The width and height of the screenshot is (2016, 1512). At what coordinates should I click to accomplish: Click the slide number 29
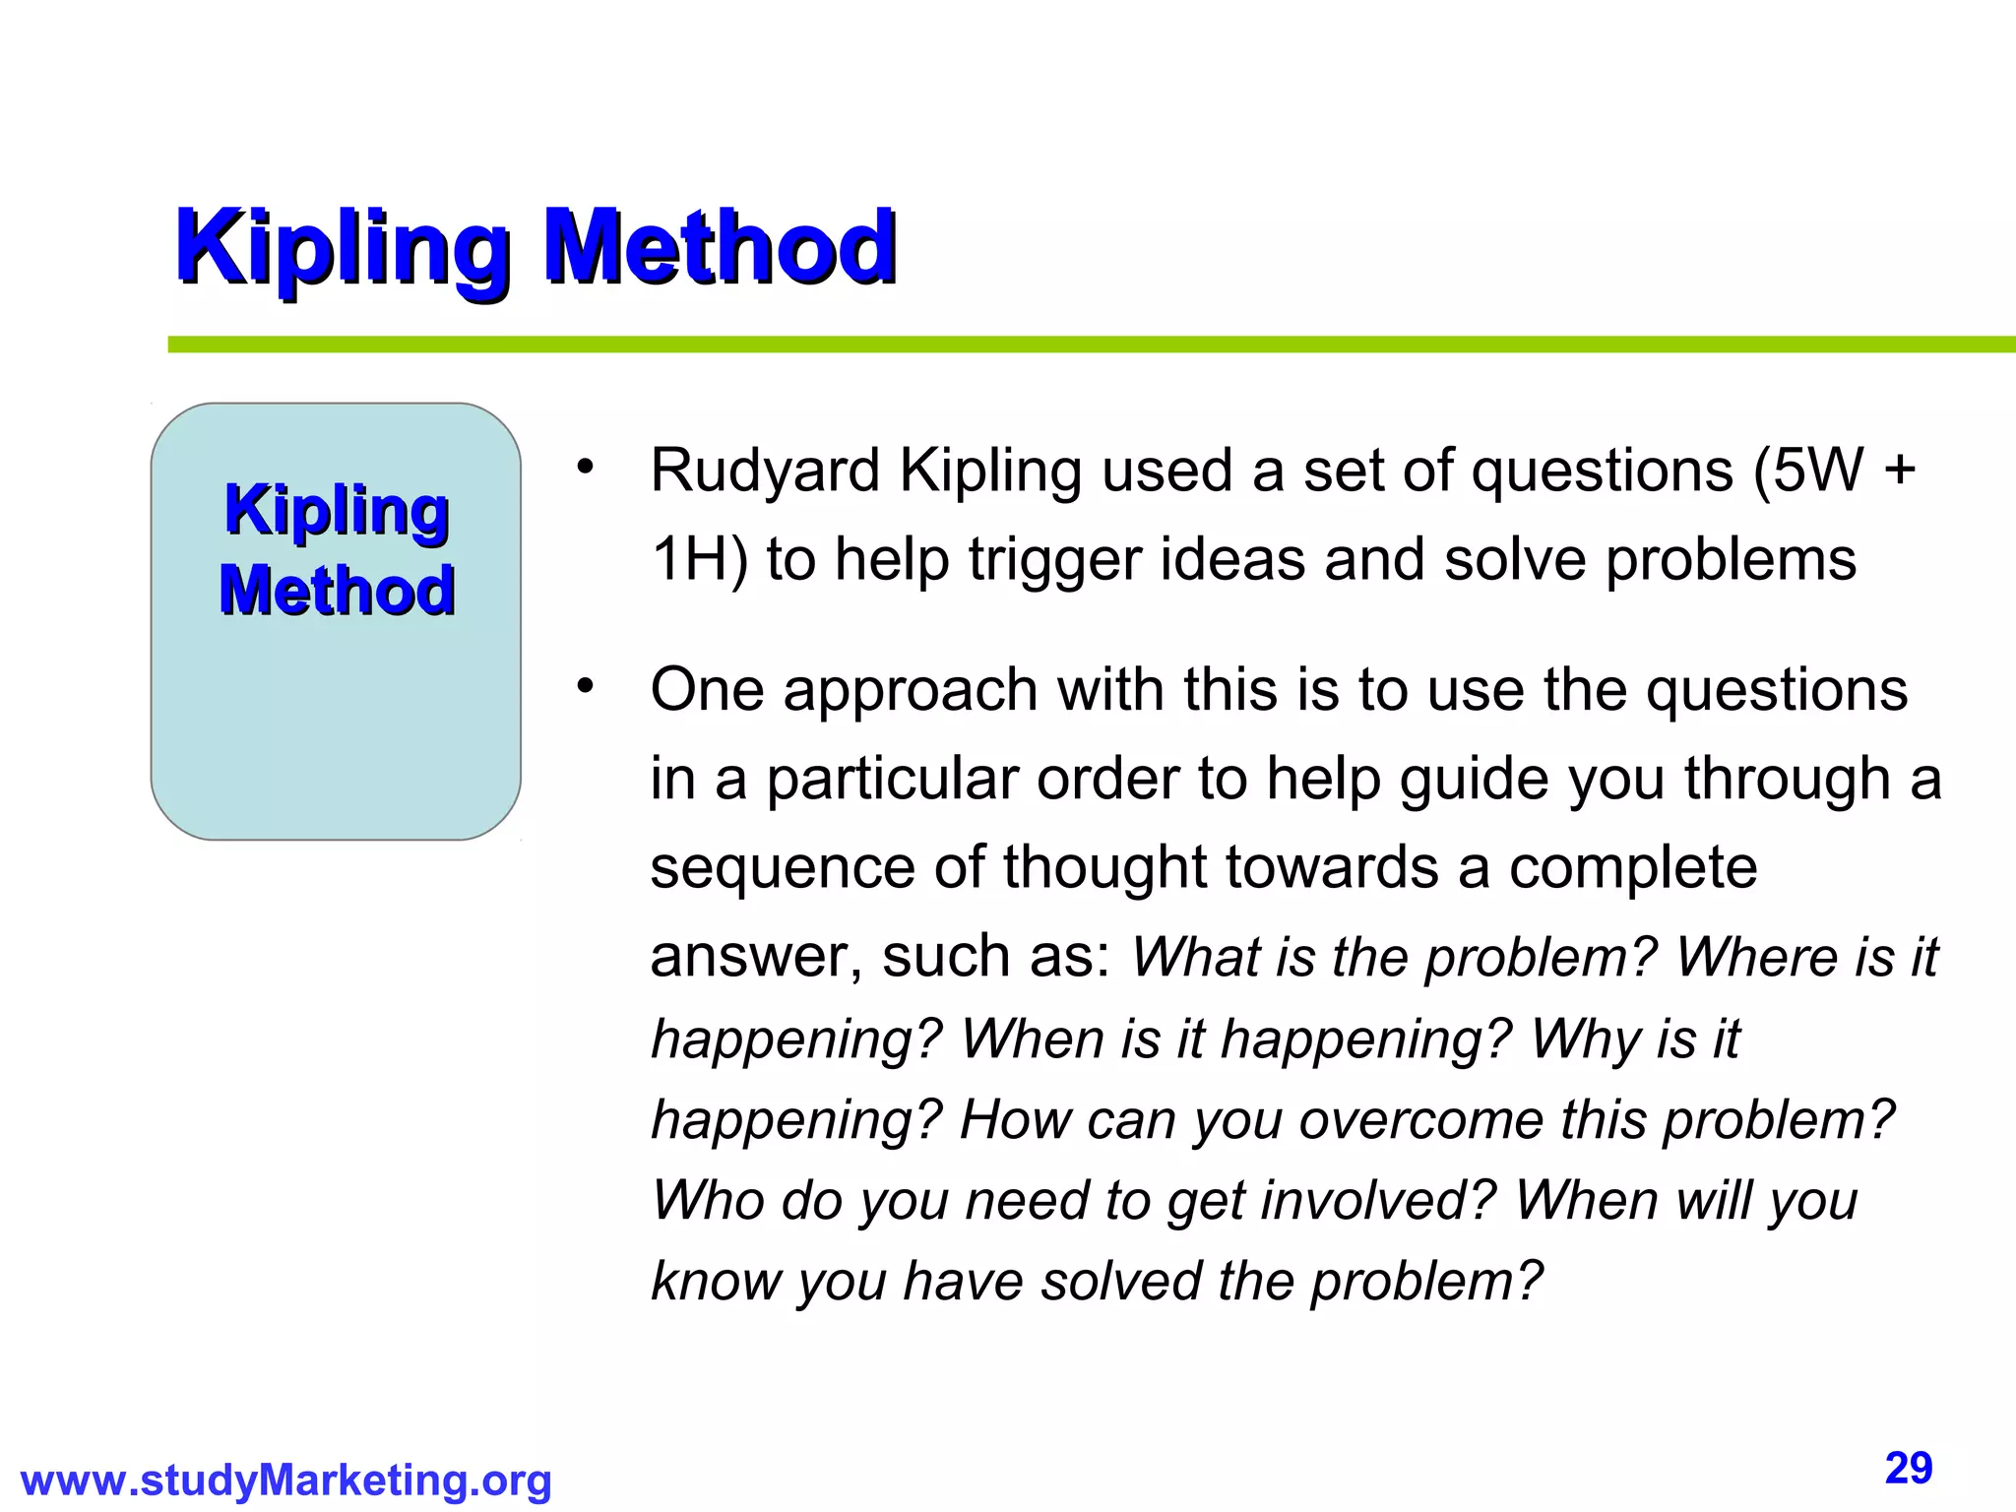point(1909,1469)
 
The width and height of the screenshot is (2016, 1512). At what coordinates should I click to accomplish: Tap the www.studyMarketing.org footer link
point(285,1480)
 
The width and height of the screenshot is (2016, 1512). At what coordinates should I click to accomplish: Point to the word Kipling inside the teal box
point(337,511)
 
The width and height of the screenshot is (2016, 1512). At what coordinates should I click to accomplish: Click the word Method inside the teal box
point(337,591)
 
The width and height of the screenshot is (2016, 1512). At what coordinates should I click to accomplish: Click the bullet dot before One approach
point(586,685)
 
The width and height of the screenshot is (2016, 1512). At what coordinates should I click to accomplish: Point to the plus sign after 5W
point(1899,471)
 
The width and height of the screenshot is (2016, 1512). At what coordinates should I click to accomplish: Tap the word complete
point(1633,868)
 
